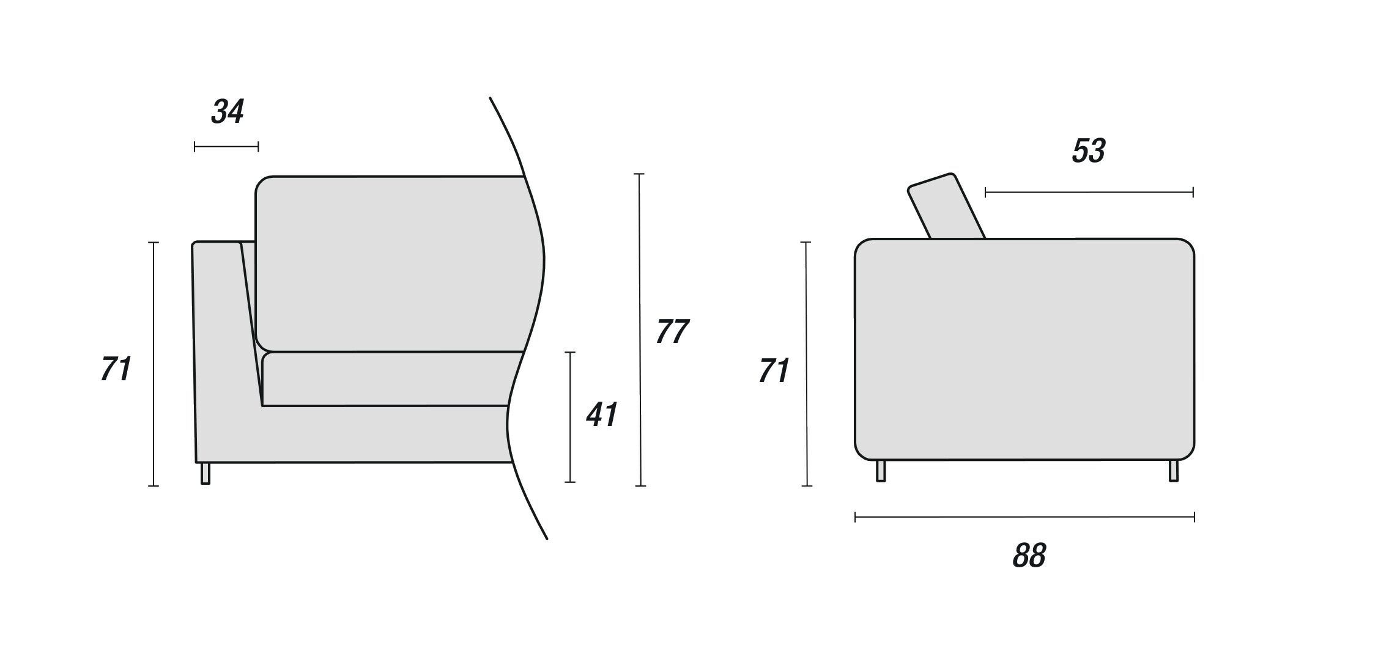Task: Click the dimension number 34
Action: click(x=228, y=112)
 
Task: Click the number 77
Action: click(x=672, y=332)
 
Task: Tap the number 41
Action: click(x=602, y=414)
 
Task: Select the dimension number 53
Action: click(x=1089, y=151)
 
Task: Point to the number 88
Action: click(x=1029, y=555)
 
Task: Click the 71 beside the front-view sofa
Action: click(x=116, y=370)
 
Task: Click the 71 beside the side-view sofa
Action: click(x=774, y=372)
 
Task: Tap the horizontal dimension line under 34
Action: click(x=226, y=147)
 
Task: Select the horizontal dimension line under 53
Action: click(x=1089, y=193)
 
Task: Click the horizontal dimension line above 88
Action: click(x=1024, y=518)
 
